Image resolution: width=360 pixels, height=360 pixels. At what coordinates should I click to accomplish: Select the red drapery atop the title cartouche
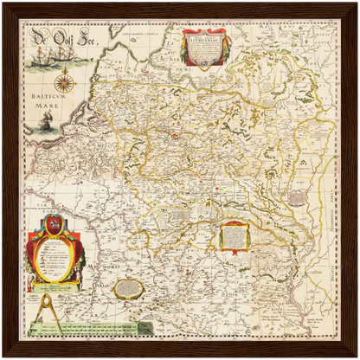click(205, 32)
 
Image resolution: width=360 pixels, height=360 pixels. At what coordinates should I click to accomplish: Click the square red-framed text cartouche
click(232, 235)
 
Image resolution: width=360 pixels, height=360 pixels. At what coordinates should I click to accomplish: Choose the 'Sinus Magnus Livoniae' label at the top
click(138, 33)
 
